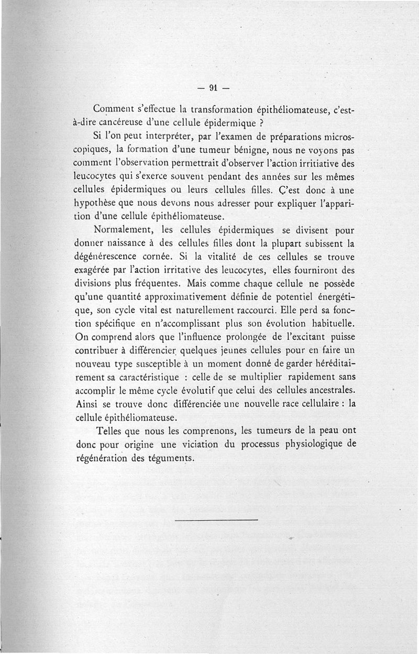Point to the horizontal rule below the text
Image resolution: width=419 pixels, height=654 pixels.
coord(217,520)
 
